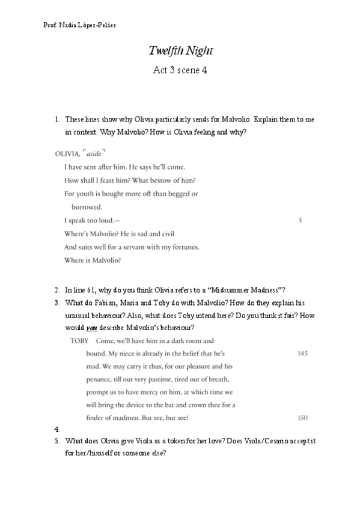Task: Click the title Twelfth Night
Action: tap(180, 51)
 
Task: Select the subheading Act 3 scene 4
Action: tap(180, 70)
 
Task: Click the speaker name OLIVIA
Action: tap(67, 154)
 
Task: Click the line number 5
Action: tap(300, 220)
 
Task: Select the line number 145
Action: tap(302, 354)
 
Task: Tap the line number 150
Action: tap(302, 417)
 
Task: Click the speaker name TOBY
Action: tap(79, 340)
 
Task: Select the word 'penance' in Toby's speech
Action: tap(100, 379)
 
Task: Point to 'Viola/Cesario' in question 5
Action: tap(275, 440)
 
